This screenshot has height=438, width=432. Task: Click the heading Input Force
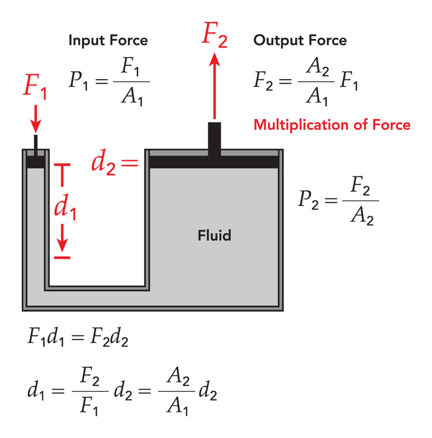108,41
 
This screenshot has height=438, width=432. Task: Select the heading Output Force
300,41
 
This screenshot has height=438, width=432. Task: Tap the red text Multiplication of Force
332,125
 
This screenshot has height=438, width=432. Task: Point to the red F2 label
215,37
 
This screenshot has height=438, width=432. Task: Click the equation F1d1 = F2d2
79,340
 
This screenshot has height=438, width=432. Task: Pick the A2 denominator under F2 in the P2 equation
361,217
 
